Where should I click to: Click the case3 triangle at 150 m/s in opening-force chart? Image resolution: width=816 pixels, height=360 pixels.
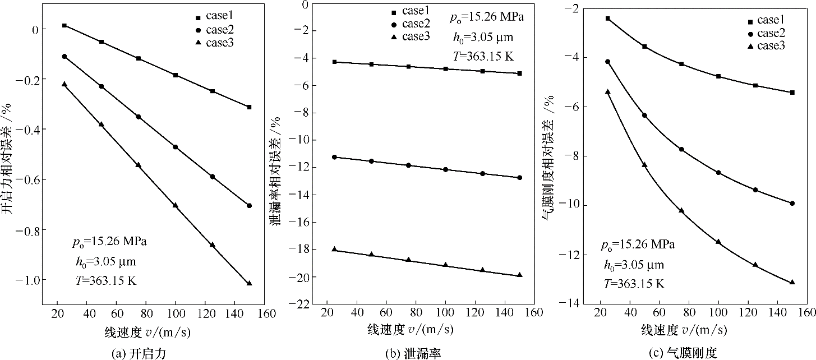point(250,283)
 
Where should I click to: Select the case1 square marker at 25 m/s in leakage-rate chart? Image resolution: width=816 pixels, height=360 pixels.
point(335,62)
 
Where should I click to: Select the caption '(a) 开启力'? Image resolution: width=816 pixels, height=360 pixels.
point(139,353)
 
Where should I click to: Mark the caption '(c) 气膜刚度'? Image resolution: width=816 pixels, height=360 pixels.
point(689,353)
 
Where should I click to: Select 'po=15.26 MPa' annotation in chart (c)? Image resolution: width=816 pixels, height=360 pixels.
point(638,245)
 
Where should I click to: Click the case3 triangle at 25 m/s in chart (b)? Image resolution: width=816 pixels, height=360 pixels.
point(335,249)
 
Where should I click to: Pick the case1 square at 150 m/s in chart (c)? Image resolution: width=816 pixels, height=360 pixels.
point(792,93)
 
